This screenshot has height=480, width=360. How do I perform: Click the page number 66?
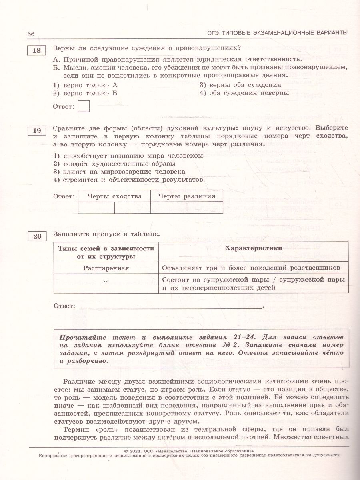[31, 34]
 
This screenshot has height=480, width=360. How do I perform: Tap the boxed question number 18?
[36, 51]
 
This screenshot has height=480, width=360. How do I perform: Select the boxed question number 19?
[36, 131]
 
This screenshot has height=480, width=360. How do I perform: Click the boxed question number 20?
[37, 236]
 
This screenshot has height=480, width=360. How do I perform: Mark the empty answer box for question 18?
[83, 106]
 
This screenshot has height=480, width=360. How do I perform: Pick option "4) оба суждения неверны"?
[244, 93]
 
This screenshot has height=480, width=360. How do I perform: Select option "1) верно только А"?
[86, 85]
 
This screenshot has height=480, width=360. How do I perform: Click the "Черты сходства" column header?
[114, 196]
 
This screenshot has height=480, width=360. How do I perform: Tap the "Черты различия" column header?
[186, 196]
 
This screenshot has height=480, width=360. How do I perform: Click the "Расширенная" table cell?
[106, 268]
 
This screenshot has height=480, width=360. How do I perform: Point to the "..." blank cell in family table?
[106, 281]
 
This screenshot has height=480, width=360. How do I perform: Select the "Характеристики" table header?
[253, 248]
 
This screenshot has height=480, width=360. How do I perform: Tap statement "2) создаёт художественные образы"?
[114, 164]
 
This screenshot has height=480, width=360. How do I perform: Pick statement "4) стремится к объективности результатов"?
[128, 180]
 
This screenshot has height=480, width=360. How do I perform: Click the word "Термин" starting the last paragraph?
[75, 429]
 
